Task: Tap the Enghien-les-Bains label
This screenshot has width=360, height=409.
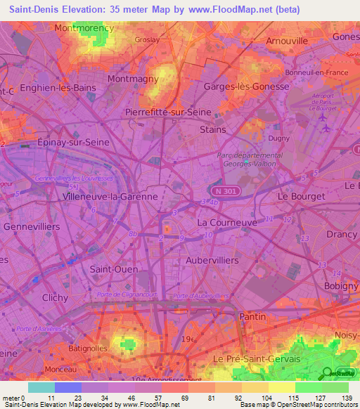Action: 58,87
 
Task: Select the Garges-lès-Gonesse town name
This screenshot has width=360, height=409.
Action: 246,86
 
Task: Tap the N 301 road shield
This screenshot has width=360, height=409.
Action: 224,190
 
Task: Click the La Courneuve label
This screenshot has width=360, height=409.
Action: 227,222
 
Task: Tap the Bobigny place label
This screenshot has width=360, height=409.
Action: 341,286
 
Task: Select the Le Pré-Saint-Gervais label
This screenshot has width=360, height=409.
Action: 256,358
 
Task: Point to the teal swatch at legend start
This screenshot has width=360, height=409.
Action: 41,387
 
